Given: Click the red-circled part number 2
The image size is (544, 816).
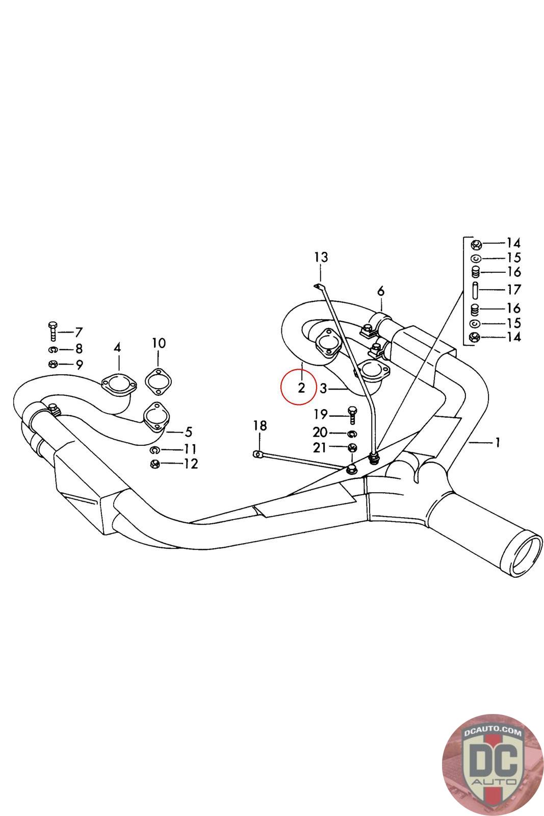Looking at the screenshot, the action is (301, 388).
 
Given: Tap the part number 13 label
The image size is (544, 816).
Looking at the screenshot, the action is (321, 257).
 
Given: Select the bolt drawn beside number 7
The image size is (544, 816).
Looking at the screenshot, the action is (53, 331).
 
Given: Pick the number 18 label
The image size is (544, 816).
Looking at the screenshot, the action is (260, 425).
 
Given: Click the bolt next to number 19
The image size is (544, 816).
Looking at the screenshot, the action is (351, 414).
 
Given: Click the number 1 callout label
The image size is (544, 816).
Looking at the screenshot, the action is (498, 442).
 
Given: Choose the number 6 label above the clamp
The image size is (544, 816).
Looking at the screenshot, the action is (381, 292).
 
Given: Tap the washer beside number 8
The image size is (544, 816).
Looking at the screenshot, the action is (53, 350).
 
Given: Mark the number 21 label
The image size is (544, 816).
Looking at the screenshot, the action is (320, 448).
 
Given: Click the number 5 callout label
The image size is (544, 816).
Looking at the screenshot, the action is (188, 432).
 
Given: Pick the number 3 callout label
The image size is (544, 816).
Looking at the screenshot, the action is (323, 389).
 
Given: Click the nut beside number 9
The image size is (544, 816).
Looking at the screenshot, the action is (53, 364).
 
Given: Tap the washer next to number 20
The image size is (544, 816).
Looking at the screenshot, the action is (351, 433).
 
